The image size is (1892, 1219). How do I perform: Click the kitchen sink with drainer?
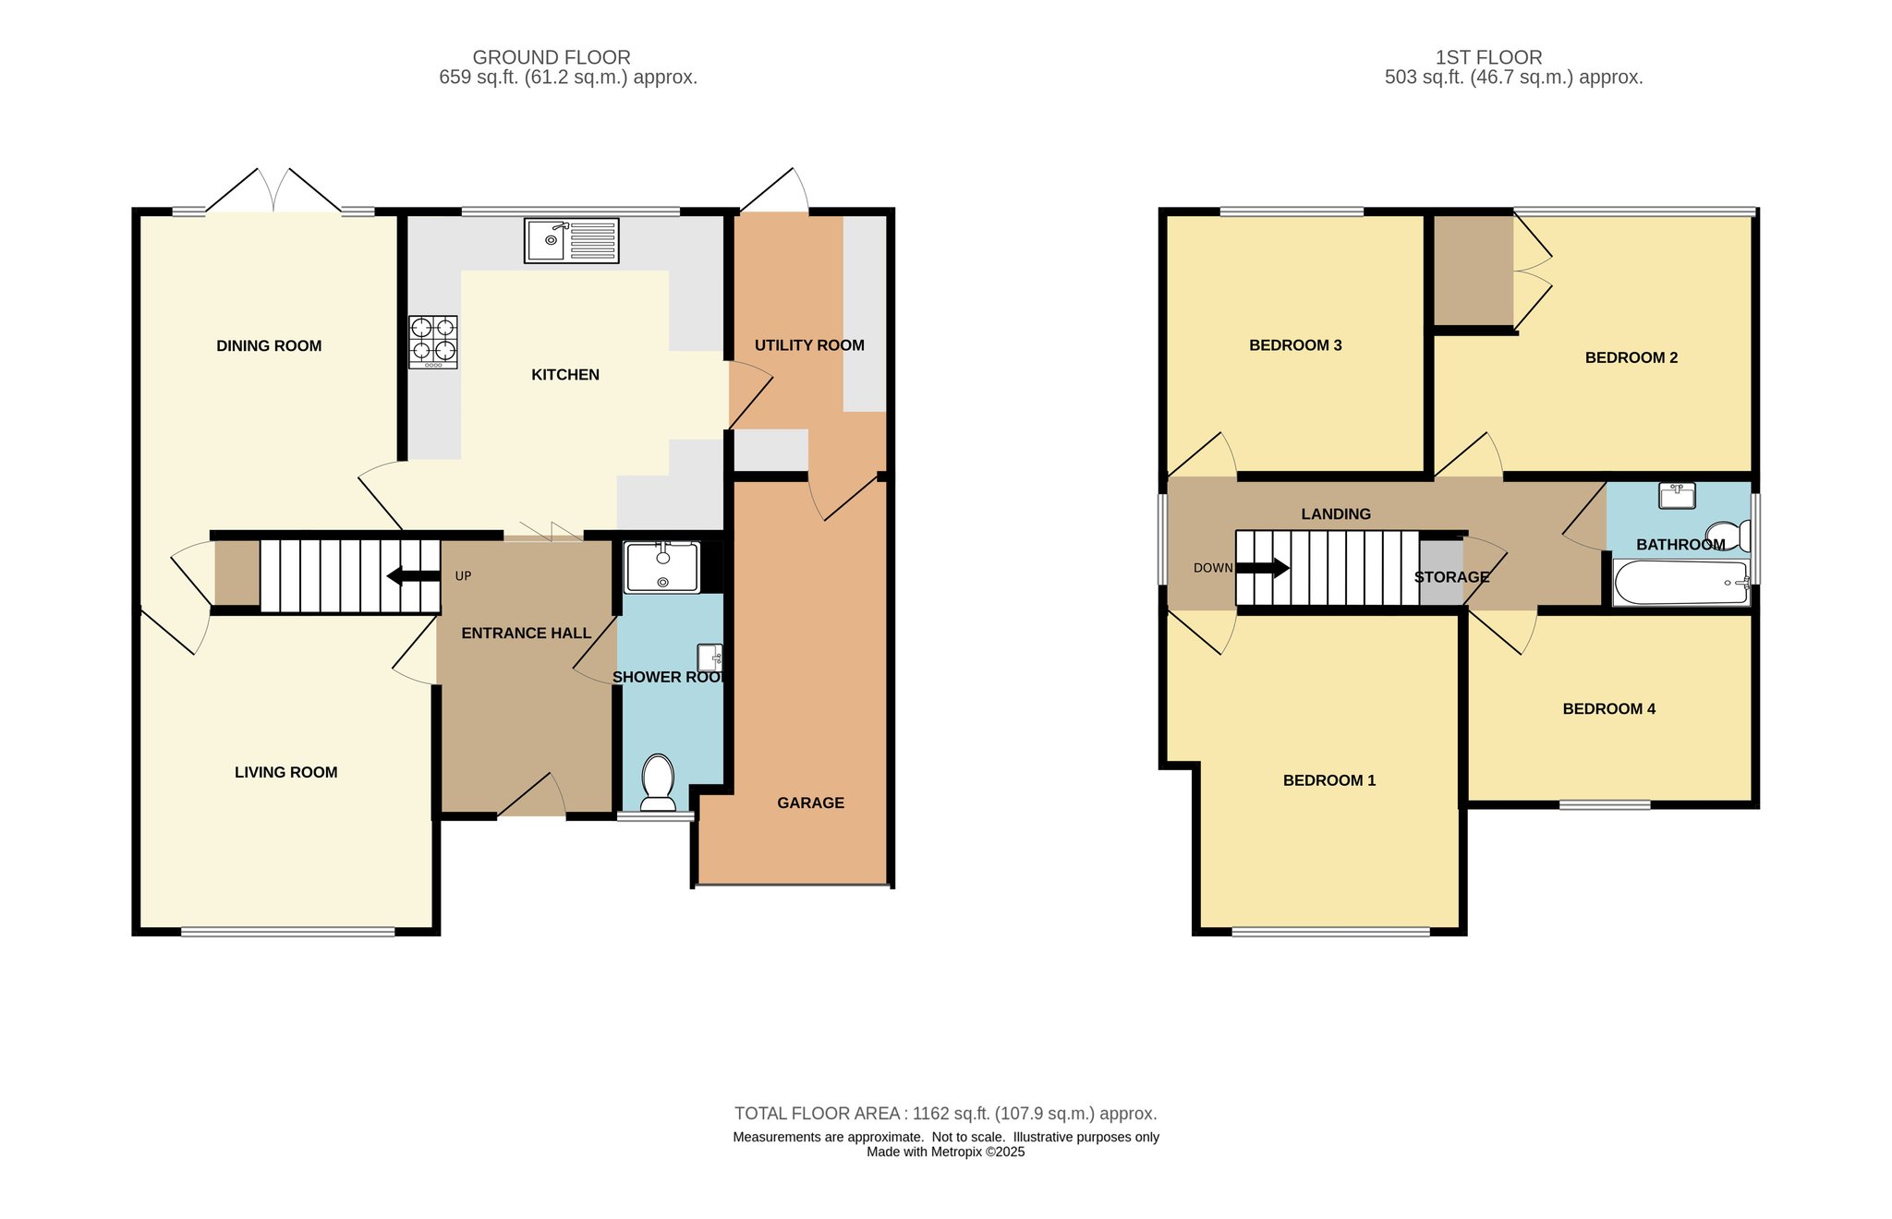pyautogui.click(x=571, y=241)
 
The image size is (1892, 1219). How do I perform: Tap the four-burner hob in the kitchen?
pyautogui.click(x=433, y=343)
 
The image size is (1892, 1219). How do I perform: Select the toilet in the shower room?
pyautogui.click(x=658, y=783)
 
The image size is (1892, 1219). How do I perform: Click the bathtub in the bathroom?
pyautogui.click(x=1681, y=583)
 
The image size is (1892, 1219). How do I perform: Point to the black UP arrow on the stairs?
pyautogui.click(x=413, y=576)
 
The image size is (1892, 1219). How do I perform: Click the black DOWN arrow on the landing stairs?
pyautogui.click(x=1263, y=568)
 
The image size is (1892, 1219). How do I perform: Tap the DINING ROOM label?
pyautogui.click(x=269, y=346)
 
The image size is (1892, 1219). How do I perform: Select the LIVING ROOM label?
pyautogui.click(x=285, y=773)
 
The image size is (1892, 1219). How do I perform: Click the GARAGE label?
pyautogui.click(x=810, y=803)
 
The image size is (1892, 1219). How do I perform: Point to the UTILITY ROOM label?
pyautogui.click(x=809, y=345)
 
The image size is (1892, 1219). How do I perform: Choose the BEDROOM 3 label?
pyautogui.click(x=1295, y=345)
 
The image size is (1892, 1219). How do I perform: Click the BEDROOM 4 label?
pyautogui.click(x=1608, y=709)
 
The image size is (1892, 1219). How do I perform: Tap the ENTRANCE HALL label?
pyautogui.click(x=526, y=634)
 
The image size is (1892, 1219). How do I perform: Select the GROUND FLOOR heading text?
pyautogui.click(x=552, y=57)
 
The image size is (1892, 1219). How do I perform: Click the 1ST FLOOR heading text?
pyautogui.click(x=1488, y=57)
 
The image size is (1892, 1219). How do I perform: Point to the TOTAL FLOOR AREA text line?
pyautogui.click(x=946, y=1114)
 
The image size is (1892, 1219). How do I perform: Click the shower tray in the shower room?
pyautogui.click(x=662, y=567)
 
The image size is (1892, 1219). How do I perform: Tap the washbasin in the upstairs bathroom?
pyautogui.click(x=1677, y=496)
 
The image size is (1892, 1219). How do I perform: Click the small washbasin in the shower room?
pyautogui.click(x=709, y=657)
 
